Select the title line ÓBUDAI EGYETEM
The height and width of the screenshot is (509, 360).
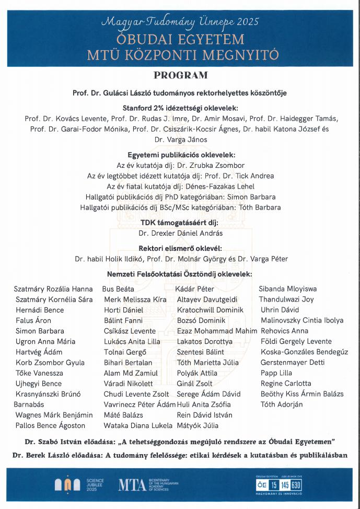[181, 40]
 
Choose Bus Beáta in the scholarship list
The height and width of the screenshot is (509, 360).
[118, 289]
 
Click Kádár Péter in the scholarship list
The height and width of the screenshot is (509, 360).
[195, 289]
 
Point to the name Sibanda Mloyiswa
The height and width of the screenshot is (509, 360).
[288, 289]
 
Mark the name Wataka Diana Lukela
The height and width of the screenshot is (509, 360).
[136, 426]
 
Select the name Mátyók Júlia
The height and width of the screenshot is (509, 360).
[198, 426]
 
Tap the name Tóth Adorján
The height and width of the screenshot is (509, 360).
[282, 404]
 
